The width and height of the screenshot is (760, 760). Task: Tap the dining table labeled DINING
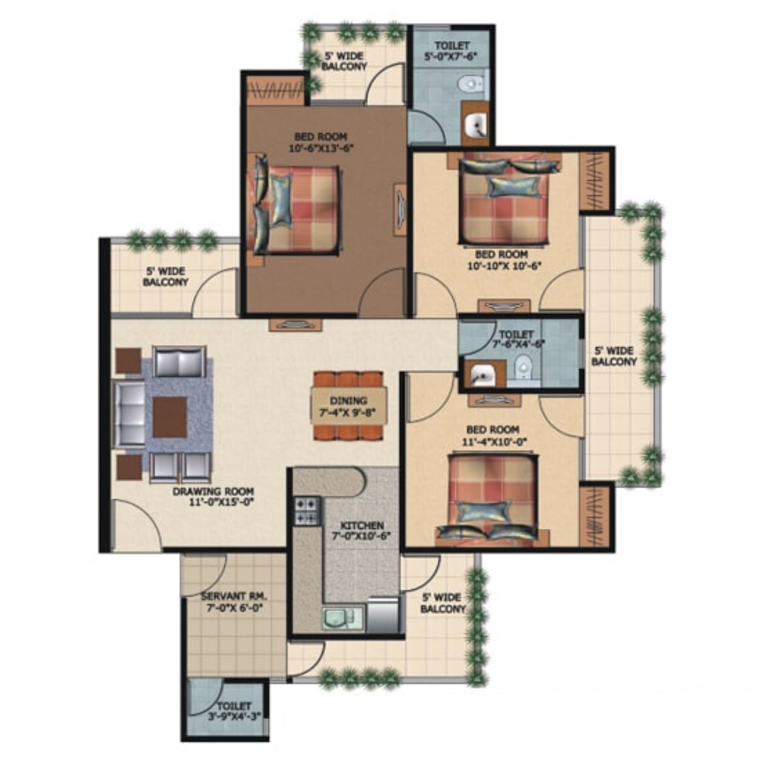coord(349,406)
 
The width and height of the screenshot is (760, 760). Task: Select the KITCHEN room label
coord(362,525)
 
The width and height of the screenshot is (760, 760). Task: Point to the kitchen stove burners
coord(307,511)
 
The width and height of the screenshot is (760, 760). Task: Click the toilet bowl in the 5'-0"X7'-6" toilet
coord(472,84)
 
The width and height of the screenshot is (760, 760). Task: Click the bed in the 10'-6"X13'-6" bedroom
coord(296,210)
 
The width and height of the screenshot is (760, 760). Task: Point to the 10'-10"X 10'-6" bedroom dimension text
coord(504,265)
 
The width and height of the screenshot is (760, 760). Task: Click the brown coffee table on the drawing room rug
coord(170,416)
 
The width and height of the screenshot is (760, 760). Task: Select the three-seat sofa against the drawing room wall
coord(130,413)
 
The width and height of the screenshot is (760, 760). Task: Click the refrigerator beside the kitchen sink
coord(384,615)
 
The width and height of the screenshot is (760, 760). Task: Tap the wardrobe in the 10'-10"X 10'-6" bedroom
coord(595,182)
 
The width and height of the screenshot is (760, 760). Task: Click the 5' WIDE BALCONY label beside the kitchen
coord(442,603)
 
